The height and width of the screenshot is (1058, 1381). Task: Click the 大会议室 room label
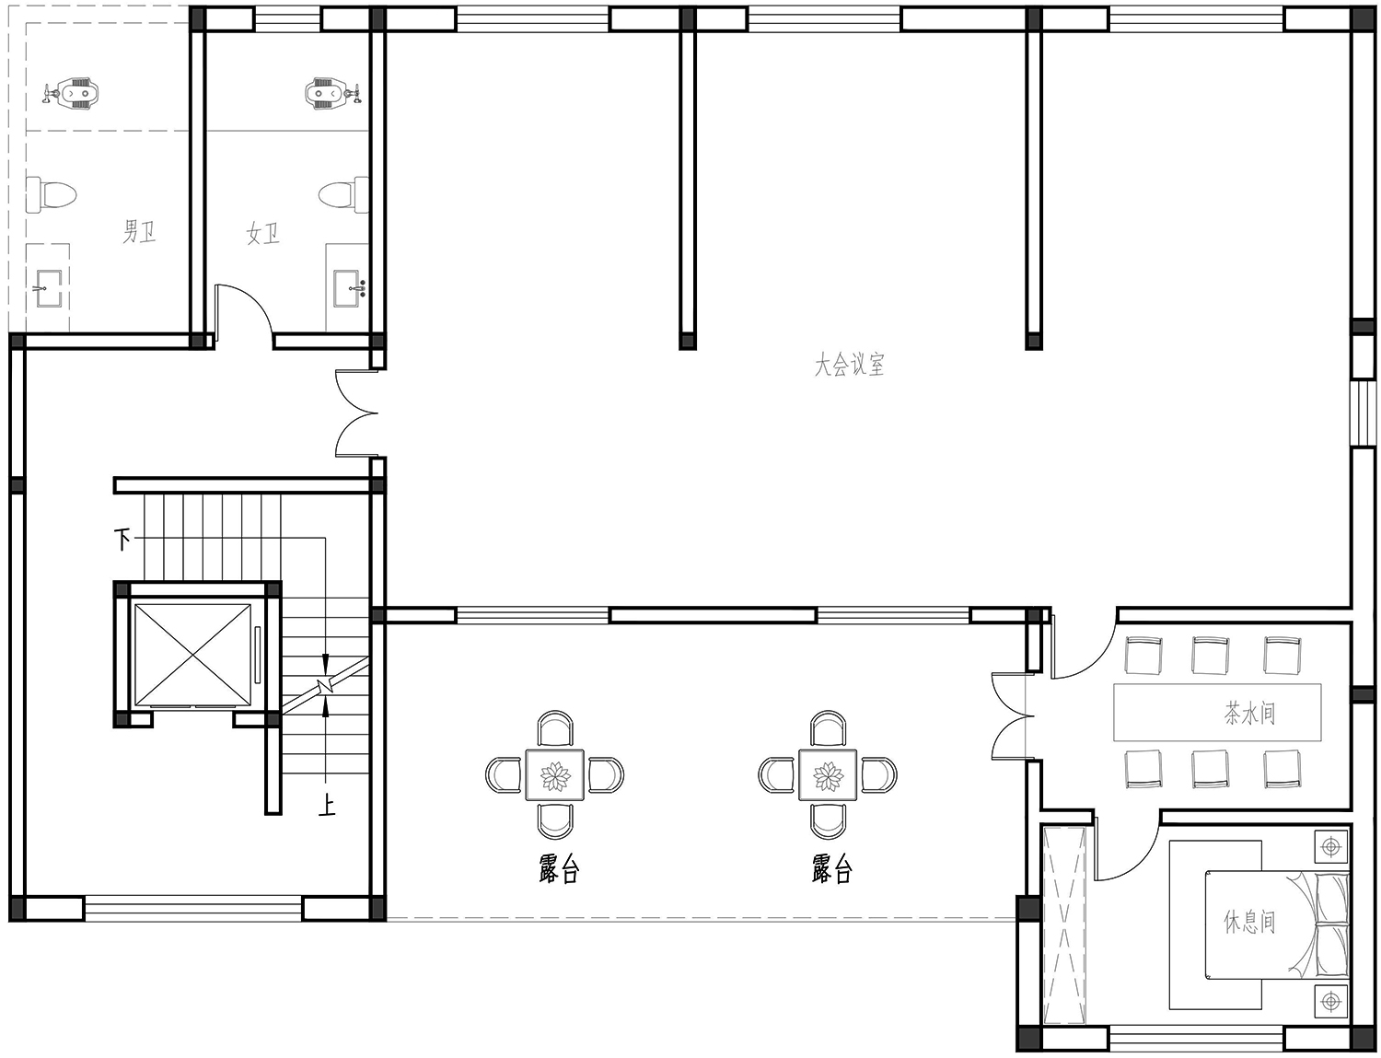[849, 365]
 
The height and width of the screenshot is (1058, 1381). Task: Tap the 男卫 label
[139, 231]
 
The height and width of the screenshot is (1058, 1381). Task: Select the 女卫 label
[262, 234]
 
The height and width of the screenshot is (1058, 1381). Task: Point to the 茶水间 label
[1249, 713]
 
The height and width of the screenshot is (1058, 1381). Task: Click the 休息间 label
[1249, 922]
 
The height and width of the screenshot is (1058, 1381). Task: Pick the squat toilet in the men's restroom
[71, 94]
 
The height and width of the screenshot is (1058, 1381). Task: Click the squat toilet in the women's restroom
[333, 94]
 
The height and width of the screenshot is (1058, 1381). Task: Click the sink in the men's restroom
[47, 288]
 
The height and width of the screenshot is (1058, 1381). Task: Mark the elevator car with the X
[193, 655]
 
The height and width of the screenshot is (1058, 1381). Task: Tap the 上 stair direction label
[327, 806]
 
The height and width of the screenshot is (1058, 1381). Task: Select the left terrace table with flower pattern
[554, 774]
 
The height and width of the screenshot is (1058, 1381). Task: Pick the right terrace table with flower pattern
[828, 774]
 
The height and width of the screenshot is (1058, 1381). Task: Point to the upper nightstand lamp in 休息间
[1330, 847]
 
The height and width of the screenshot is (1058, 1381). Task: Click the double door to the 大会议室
[356, 413]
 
